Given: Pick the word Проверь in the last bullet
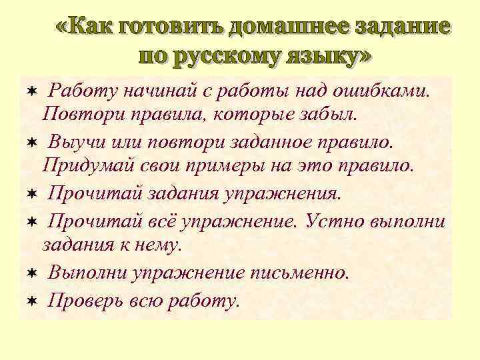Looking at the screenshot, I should coord(83,300).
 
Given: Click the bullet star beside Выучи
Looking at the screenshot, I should coord(31,141).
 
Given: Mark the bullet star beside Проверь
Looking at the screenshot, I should coord(31,301).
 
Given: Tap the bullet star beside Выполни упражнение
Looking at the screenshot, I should coord(31,273).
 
